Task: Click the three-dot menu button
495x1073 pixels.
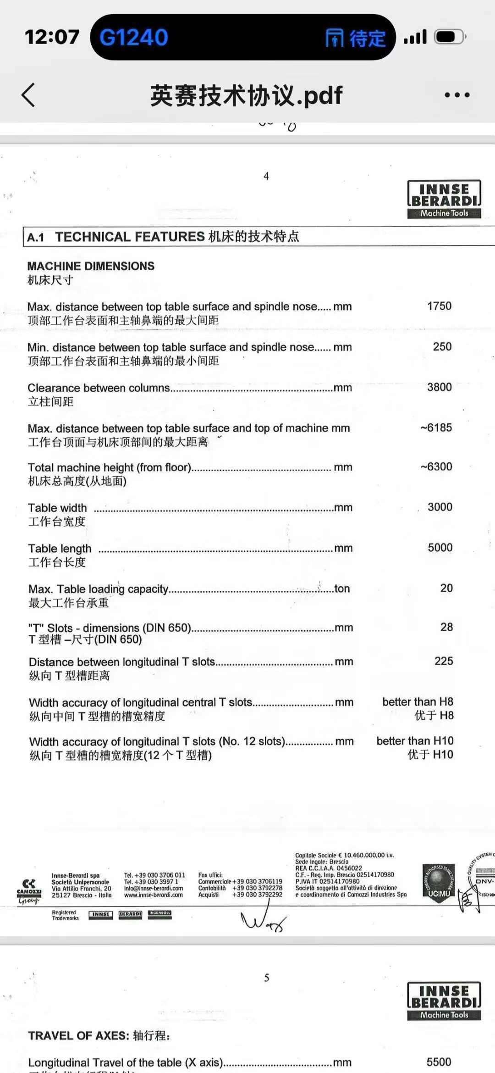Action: (456, 95)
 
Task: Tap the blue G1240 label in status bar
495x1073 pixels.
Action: (133, 37)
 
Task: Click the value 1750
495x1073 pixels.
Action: (439, 306)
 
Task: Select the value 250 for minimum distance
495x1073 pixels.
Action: (442, 347)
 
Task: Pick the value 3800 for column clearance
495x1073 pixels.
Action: (439, 387)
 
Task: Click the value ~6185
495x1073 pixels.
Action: (436, 428)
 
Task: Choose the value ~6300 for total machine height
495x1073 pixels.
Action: (436, 467)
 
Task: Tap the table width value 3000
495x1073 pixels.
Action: (440, 507)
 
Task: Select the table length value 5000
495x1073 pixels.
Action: (440, 548)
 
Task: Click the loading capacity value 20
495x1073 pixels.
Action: (446, 588)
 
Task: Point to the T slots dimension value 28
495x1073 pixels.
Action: (446, 627)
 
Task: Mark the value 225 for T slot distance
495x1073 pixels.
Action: (443, 661)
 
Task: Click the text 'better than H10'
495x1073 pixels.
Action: (415, 741)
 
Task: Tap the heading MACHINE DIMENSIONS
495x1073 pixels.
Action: (91, 266)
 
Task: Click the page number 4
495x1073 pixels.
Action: (266, 176)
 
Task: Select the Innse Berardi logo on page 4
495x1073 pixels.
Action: (444, 199)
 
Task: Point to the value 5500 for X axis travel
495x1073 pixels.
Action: (439, 1062)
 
